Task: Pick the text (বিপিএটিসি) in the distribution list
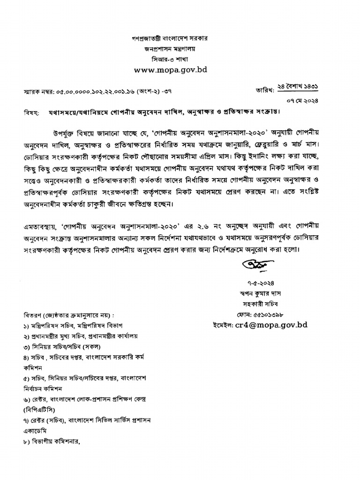(x=41, y=410)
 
